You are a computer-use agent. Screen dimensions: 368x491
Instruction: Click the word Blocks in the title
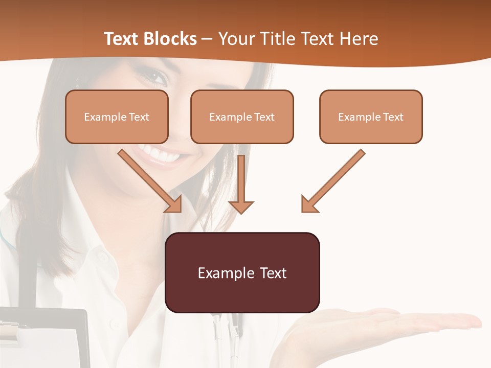pyautogui.click(x=171, y=39)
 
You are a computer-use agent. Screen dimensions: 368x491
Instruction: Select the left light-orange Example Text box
pyautogui.click(x=117, y=117)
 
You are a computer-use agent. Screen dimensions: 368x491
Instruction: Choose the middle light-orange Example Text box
pyautogui.click(x=242, y=117)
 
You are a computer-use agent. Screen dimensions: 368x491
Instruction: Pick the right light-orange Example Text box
pyautogui.click(x=371, y=117)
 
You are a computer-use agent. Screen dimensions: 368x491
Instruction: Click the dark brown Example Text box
pyautogui.click(x=242, y=272)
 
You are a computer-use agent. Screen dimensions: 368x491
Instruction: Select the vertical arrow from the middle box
pyautogui.click(x=241, y=181)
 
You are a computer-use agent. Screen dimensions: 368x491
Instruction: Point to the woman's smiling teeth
pyautogui.click(x=161, y=152)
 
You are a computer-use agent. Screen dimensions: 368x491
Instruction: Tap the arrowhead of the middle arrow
pyautogui.click(x=241, y=206)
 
